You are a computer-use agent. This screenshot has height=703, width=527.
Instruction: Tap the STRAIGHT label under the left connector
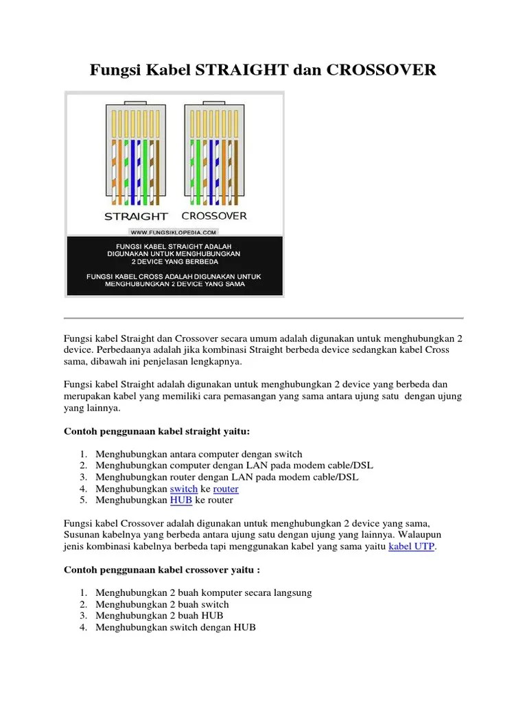tap(136, 216)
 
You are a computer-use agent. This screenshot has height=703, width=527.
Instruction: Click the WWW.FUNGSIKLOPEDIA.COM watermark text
tap(174, 232)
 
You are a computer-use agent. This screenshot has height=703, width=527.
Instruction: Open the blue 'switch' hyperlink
tap(184, 489)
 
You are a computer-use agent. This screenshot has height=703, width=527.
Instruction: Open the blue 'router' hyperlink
tap(226, 489)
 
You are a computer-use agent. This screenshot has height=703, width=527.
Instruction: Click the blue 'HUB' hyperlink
tap(181, 500)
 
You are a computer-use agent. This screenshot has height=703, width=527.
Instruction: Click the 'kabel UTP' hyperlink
tap(412, 546)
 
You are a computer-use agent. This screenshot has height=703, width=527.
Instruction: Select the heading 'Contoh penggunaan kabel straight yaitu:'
tap(157, 431)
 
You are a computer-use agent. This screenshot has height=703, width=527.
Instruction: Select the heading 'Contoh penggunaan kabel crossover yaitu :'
tap(162, 570)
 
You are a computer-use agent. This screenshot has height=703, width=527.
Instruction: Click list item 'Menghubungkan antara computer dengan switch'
tap(199, 454)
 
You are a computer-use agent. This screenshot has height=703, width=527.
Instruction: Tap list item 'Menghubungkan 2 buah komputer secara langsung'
tap(204, 592)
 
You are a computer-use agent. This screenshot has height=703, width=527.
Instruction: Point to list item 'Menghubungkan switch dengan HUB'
tap(176, 627)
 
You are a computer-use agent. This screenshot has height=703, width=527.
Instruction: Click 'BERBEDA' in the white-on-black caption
tap(199, 262)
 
